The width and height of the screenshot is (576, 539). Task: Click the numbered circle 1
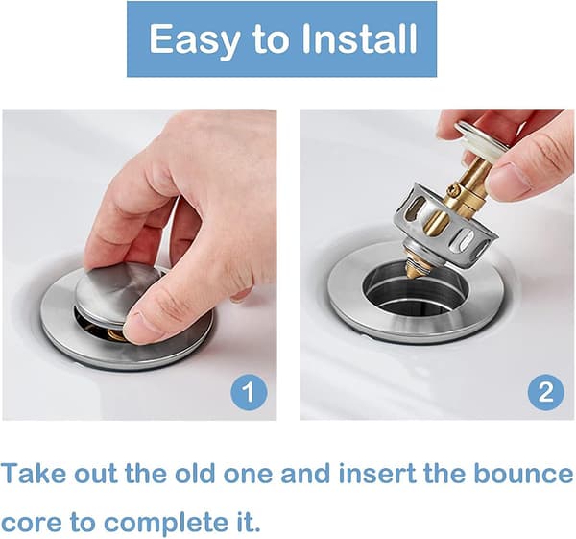pos(249,393)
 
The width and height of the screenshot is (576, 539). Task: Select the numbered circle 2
pos(546,393)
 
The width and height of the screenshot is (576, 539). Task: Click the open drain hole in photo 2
pos(416,290)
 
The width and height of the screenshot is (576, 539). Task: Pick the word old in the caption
pos(194,475)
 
